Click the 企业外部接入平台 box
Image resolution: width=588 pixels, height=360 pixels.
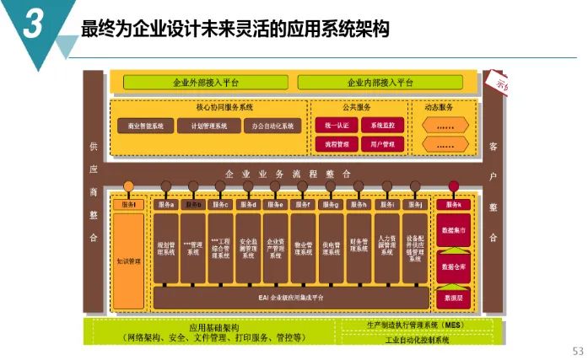(x=206, y=83)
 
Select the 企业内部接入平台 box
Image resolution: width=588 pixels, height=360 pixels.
(x=380, y=83)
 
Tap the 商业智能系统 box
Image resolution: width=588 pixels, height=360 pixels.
(x=145, y=126)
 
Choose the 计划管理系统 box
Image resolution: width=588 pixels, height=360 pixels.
(x=208, y=126)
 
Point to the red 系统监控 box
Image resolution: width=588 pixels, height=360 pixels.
(x=382, y=125)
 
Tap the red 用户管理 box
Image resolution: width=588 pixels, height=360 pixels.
(x=382, y=144)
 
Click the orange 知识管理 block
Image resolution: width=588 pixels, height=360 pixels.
(x=128, y=261)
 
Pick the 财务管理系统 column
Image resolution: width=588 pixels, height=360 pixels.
(x=359, y=246)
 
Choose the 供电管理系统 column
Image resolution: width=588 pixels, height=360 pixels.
(x=332, y=246)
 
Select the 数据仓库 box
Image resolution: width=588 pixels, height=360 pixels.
(x=453, y=267)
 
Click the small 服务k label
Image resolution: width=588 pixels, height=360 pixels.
(x=453, y=205)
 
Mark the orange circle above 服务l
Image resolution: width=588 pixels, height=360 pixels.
(x=128, y=186)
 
